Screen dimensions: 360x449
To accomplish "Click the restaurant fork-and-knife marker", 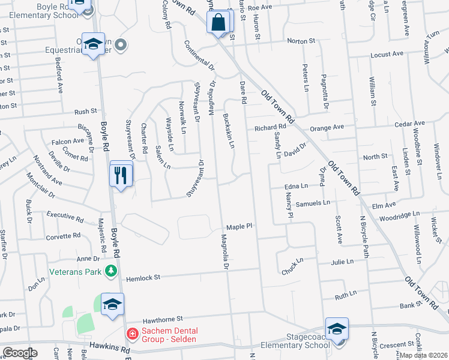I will pyautogui.click(x=121, y=175).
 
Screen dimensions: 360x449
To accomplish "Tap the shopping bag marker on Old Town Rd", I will pyautogui.click(x=220, y=23).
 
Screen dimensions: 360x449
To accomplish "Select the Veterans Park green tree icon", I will pyautogui.click(x=110, y=272).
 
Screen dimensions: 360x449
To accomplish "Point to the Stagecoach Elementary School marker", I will pyautogui.click(x=337, y=330).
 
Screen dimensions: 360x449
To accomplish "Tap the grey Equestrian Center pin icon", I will pyautogui.click(x=121, y=44).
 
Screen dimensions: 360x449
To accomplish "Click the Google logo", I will pyautogui.click(x=20, y=353).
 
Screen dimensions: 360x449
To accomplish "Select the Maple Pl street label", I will pyautogui.click(x=237, y=227).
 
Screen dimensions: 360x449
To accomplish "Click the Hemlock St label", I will pyautogui.click(x=143, y=278).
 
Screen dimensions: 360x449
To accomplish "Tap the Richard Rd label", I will pyautogui.click(x=270, y=127).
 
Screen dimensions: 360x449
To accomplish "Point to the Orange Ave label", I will pyautogui.click(x=327, y=127).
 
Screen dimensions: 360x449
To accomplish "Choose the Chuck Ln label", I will pyautogui.click(x=292, y=268).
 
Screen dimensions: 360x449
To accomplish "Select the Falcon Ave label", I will pyautogui.click(x=68, y=141).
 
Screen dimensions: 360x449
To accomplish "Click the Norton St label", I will pyautogui.click(x=301, y=41).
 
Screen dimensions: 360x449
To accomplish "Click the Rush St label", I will pyautogui.click(x=86, y=112).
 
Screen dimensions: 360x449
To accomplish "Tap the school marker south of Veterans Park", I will pyautogui.click(x=112, y=304).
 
